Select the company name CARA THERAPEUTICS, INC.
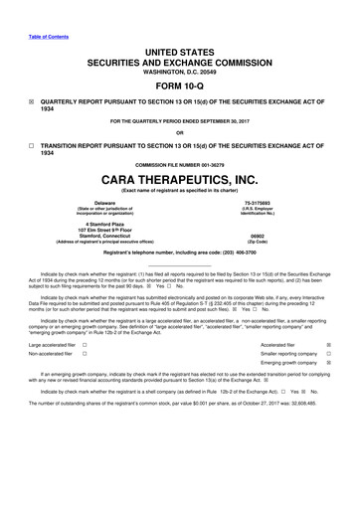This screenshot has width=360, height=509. (x=180, y=181)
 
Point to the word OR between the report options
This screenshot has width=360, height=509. (x=180, y=132)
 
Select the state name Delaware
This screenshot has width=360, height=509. (x=96, y=202)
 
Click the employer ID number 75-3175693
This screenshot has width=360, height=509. (x=263, y=202)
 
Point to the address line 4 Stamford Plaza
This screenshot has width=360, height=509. (x=96, y=224)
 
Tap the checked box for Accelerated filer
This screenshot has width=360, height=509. (x=341, y=343)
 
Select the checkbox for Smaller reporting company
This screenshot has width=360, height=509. (x=341, y=354)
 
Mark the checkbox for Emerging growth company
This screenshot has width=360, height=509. (x=341, y=364)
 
